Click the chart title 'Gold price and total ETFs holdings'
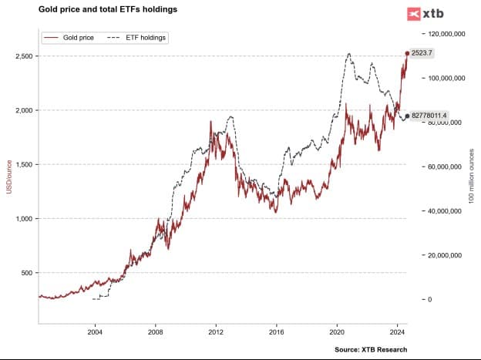coord(108,10)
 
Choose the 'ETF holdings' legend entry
coord(137,37)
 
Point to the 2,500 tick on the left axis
coord(21,56)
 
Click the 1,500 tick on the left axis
coord(21,164)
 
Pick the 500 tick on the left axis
coord(25,273)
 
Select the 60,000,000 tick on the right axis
coord(449,167)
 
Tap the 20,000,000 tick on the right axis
coord(449,255)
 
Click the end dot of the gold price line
coord(407,53)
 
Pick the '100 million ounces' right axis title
coord(471,176)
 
